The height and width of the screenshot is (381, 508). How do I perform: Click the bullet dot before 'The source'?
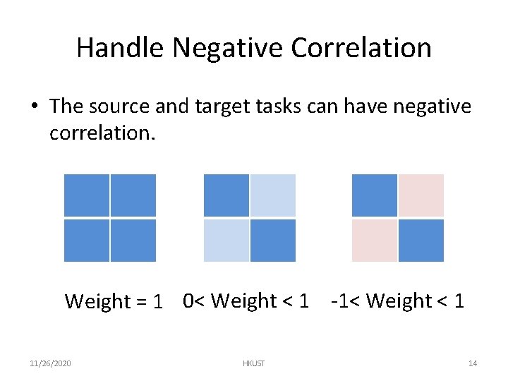click(35, 107)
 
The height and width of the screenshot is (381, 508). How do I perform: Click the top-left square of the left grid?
click(87, 195)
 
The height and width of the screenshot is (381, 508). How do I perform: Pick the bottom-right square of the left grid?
click(133, 241)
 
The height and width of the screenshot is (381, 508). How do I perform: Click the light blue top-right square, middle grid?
click(273, 195)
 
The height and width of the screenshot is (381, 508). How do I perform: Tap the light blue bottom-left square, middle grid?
click(226, 241)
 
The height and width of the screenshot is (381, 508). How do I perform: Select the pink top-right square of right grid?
click(421, 195)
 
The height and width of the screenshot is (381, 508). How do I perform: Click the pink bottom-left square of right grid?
click(375, 241)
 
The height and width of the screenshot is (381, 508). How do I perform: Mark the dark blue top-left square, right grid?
click(375, 195)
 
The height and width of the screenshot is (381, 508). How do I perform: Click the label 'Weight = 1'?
click(114, 301)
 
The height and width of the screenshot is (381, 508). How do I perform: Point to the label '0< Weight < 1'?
click(246, 301)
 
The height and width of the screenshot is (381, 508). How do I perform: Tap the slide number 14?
click(473, 363)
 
